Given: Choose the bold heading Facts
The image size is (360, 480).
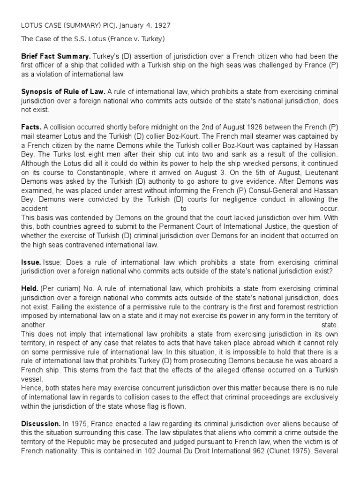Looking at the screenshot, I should click(x=31, y=127).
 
